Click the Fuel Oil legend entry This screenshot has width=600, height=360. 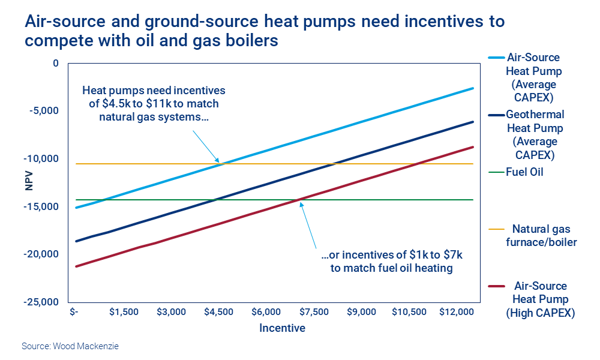525,172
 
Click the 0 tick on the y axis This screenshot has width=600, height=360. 56,63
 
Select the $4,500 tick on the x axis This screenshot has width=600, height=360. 219,313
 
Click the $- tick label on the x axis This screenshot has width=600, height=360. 74,313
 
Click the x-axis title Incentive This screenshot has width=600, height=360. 282,328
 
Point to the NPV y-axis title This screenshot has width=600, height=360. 29,182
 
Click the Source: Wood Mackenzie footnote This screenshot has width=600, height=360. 66,346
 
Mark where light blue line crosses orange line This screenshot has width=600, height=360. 220,164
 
